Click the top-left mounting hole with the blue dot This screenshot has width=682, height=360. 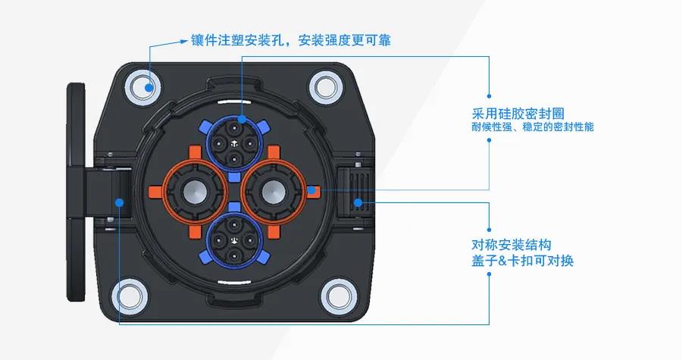pyautogui.click(x=142, y=86)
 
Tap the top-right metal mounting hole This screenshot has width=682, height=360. pyautogui.click(x=326, y=87)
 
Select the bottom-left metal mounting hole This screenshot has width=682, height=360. pyautogui.click(x=130, y=296)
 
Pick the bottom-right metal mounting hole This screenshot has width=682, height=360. pyautogui.click(x=339, y=297)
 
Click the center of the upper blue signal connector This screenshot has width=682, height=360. pyautogui.click(x=234, y=144)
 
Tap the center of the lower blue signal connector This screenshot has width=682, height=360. pyautogui.click(x=234, y=240)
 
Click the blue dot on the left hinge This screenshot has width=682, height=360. pyautogui.click(x=120, y=202)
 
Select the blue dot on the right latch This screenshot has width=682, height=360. pyautogui.click(x=358, y=202)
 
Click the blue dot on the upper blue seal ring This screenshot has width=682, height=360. pyautogui.click(x=242, y=119)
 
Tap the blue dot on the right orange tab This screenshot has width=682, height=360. pyautogui.click(x=311, y=190)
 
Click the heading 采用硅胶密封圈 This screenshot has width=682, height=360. pyautogui.click(x=518, y=114)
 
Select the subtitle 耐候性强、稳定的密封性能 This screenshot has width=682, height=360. pyautogui.click(x=533, y=127)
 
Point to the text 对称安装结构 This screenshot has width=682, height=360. pyautogui.click(x=511, y=245)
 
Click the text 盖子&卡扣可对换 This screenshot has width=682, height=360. pyautogui.click(x=523, y=261)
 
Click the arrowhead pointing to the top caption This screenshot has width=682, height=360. pyautogui.click(x=183, y=42)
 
